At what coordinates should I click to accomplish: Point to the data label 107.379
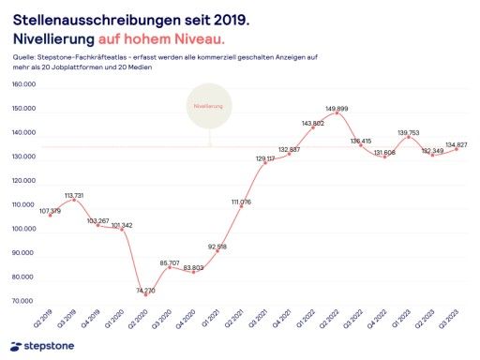(x=50, y=210)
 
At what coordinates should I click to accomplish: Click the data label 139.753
(x=409, y=133)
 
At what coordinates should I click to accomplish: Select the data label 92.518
(x=216, y=246)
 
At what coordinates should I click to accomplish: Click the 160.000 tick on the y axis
(x=22, y=84)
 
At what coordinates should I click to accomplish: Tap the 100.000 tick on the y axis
(x=22, y=229)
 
